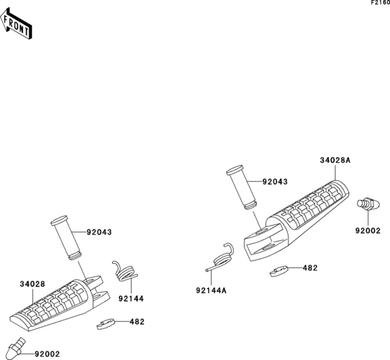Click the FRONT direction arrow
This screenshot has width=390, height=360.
(x=16, y=24)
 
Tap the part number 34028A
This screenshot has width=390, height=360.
(x=335, y=160)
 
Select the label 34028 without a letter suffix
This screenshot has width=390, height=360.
(x=33, y=284)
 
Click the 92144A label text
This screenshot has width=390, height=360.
(x=211, y=290)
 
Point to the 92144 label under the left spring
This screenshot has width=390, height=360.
(x=131, y=299)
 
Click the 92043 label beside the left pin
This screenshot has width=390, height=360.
(x=99, y=232)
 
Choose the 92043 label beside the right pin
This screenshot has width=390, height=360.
(x=275, y=182)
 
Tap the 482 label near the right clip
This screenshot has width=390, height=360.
(x=310, y=268)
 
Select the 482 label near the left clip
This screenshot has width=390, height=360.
(x=137, y=322)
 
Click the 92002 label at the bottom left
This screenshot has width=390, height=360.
(x=47, y=354)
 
